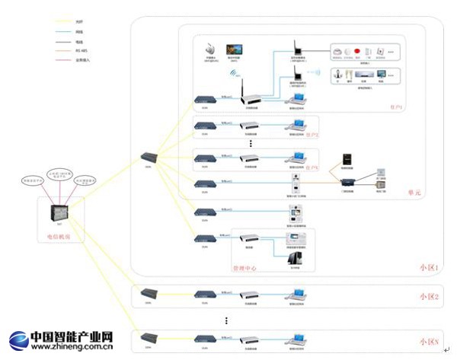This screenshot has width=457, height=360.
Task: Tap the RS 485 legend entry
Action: [x=81, y=51]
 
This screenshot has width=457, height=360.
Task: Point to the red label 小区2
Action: [x=429, y=297]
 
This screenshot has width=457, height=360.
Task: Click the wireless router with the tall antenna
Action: [x=251, y=97]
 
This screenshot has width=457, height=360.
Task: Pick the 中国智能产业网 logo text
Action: [x=73, y=336]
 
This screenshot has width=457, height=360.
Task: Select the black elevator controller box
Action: [x=345, y=161]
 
